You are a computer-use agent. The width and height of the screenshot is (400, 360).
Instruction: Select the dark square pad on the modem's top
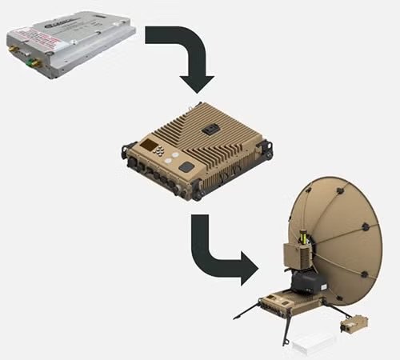click(x=186, y=167)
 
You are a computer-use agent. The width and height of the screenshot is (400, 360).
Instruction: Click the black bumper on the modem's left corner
click(x=127, y=150)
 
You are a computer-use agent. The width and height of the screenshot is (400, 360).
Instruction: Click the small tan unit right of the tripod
click(x=353, y=325)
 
